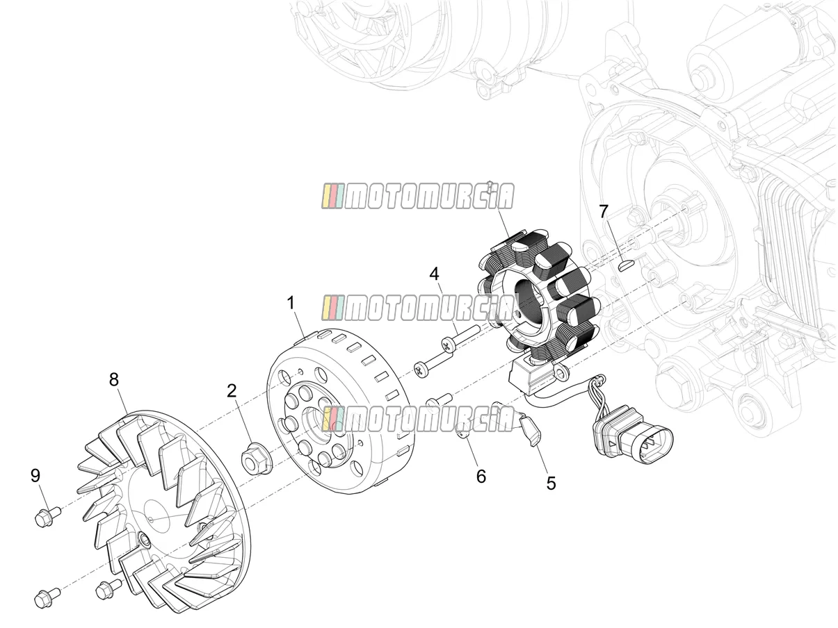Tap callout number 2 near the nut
[232, 391]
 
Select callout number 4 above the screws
[434, 274]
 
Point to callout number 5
[551, 484]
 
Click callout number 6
[481, 477]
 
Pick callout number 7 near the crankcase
[603, 212]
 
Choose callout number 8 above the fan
[114, 380]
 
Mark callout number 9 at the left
[35, 476]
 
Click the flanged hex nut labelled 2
[255, 461]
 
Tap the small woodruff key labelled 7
[625, 265]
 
